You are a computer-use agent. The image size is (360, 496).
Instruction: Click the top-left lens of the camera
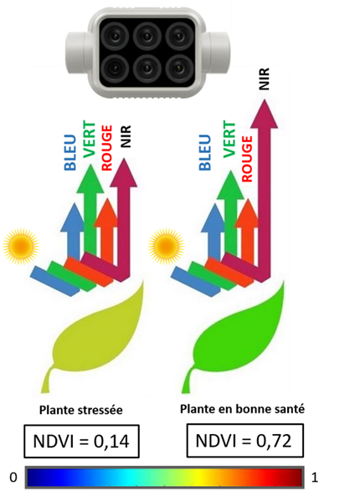pyautogui.click(x=116, y=35)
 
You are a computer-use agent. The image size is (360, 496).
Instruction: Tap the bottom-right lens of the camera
pyautogui.click(x=178, y=69)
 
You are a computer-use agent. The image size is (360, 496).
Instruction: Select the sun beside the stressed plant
pyautogui.click(x=21, y=245)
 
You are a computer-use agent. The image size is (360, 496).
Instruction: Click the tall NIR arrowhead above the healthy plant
pyautogui.click(x=264, y=115)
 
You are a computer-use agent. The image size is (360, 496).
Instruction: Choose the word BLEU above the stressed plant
pyautogui.click(x=70, y=153)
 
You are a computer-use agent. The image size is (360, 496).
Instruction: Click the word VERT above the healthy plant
pyautogui.click(x=229, y=139)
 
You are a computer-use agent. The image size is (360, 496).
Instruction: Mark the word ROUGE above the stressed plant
pyautogui.click(x=106, y=148)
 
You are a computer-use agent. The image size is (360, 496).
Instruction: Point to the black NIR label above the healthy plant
pyautogui.click(x=264, y=79)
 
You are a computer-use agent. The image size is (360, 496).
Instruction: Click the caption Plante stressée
pyautogui.click(x=80, y=410)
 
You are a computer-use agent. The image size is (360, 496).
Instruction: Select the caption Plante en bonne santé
pyautogui.click(x=242, y=409)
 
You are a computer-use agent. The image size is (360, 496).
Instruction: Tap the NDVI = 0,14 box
pyautogui.click(x=81, y=442)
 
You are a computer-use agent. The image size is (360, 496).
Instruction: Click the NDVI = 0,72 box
pyautogui.click(x=244, y=441)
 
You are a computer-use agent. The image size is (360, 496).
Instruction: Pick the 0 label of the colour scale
pyautogui.click(x=13, y=478)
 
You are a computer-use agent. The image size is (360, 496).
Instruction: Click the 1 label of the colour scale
pyautogui.click(x=315, y=478)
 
